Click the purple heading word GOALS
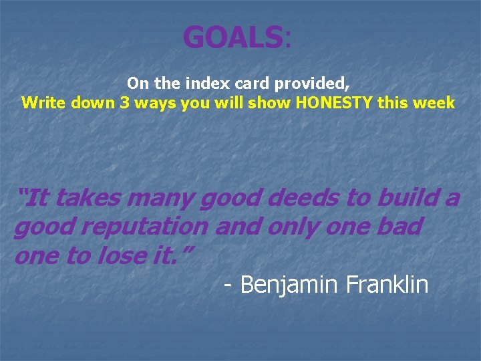[x=232, y=37]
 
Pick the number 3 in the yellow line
[x=124, y=103]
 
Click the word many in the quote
[x=160, y=198]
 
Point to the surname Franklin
[x=387, y=285]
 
